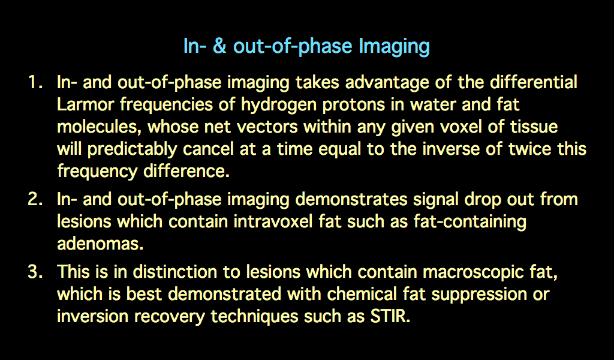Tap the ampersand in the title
click(x=219, y=46)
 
